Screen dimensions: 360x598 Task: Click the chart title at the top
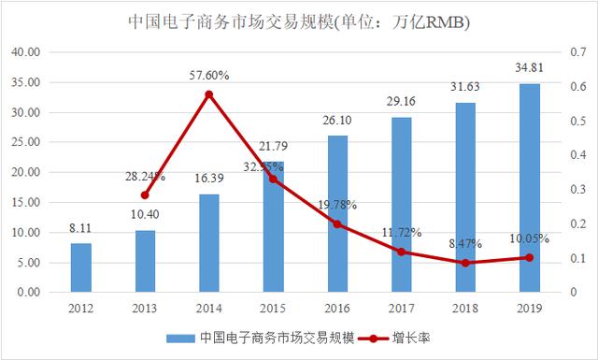(299, 21)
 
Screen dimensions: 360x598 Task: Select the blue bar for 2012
(81, 267)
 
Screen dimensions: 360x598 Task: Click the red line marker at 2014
(209, 94)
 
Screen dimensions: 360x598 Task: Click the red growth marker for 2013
(145, 195)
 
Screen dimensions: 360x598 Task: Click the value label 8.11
(81, 229)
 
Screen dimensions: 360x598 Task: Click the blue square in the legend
(174, 338)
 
